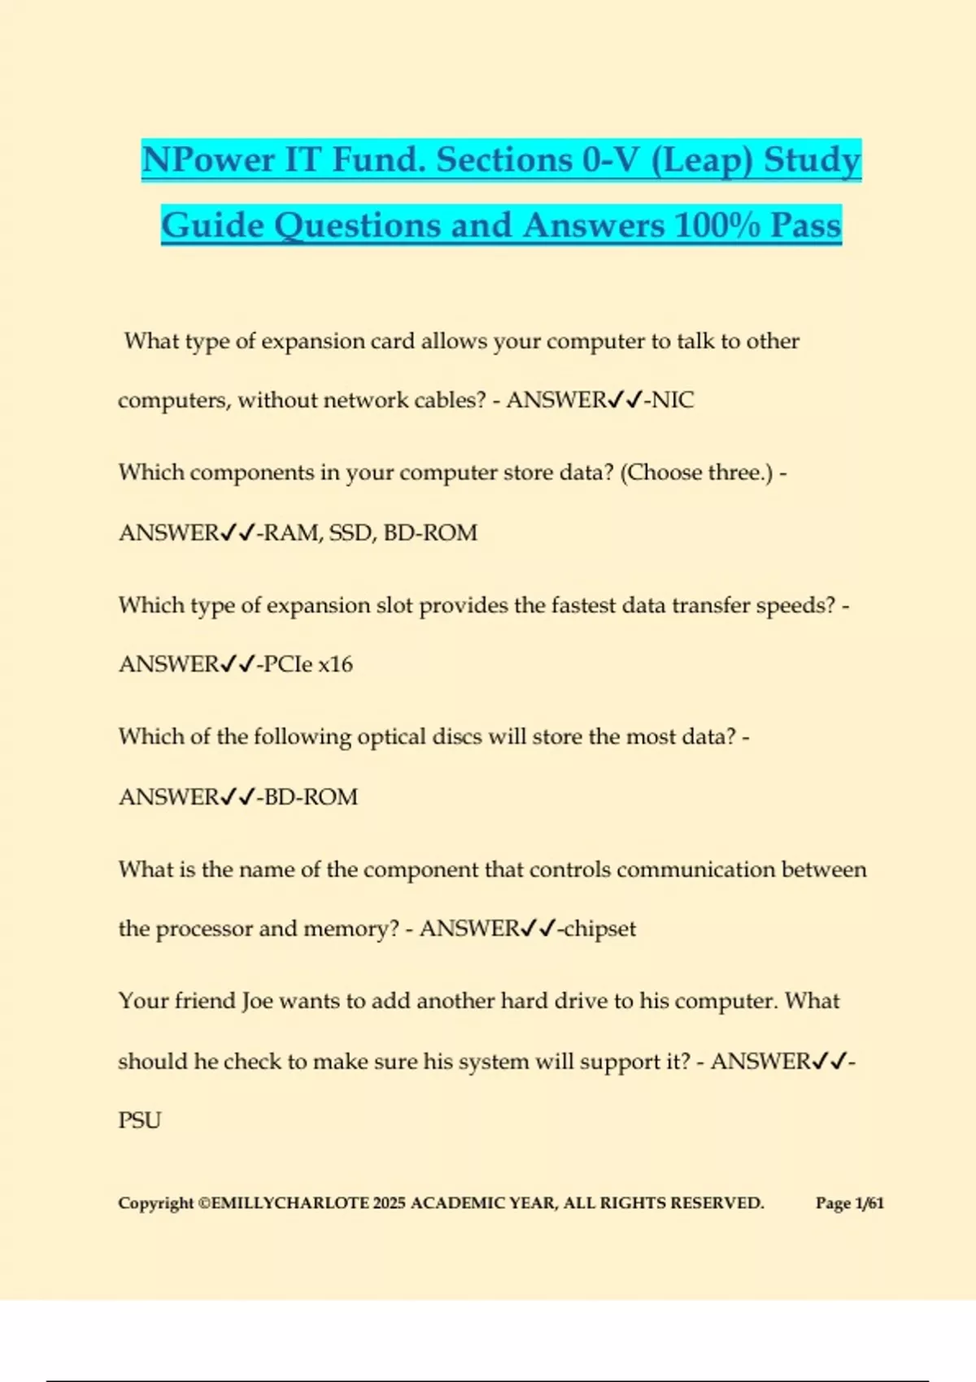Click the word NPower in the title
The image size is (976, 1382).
208,160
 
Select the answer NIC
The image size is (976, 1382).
673,400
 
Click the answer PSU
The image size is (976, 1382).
140,1120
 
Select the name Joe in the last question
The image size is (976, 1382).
256,1001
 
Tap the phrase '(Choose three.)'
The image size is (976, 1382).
697,472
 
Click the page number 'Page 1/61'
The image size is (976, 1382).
849,1203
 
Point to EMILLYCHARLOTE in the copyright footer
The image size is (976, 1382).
290,1203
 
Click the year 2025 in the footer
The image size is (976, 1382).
389,1203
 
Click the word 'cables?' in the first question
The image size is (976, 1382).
451,400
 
